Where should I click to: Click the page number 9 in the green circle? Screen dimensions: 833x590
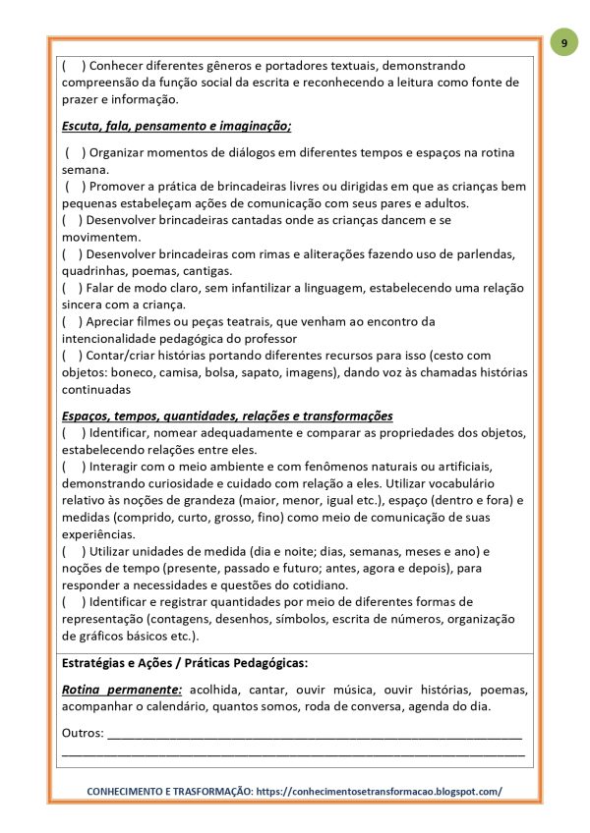pos(563,43)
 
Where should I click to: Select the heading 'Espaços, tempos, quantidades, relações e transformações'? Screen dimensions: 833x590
pos(226,416)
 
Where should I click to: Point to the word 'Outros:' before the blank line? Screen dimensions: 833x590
pos(83,733)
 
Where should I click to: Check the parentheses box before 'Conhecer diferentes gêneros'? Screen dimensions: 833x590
pos(72,66)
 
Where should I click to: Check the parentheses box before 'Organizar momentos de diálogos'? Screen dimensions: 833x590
pos(75,153)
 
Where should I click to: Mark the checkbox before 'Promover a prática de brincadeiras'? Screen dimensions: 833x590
pos(75,187)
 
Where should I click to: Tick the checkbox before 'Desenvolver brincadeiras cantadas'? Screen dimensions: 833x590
pos(72,220)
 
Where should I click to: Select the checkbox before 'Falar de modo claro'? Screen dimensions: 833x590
pos(72,288)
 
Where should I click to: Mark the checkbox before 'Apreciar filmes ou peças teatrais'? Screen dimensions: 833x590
pos(72,321)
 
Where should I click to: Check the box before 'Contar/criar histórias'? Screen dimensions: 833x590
pos(72,355)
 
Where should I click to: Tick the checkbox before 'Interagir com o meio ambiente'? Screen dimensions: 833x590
pos(72,466)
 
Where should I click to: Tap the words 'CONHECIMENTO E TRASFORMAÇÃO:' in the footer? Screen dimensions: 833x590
pos(169,791)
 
